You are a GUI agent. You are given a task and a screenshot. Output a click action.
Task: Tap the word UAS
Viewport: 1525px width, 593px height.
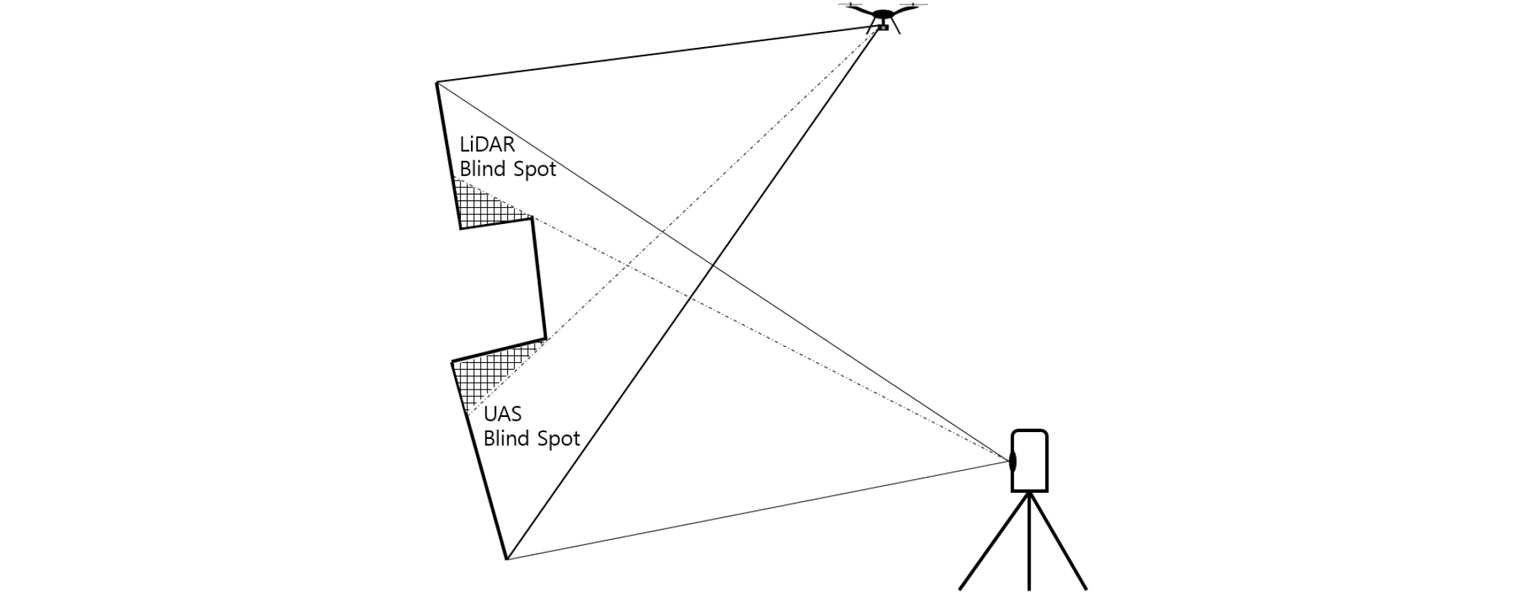click(502, 414)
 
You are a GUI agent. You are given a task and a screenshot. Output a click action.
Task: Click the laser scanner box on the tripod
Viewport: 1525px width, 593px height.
click(1031, 460)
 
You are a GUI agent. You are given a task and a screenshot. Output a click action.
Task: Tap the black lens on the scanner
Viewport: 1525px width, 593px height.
click(1012, 460)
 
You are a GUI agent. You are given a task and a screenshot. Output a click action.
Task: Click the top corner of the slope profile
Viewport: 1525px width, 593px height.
click(437, 82)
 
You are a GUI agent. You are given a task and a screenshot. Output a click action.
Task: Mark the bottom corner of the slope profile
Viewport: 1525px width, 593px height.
click(507, 560)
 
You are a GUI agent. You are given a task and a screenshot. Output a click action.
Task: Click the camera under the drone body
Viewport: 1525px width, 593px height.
click(883, 27)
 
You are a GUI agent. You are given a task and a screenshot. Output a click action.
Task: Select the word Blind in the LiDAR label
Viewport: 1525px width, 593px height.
click(483, 169)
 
